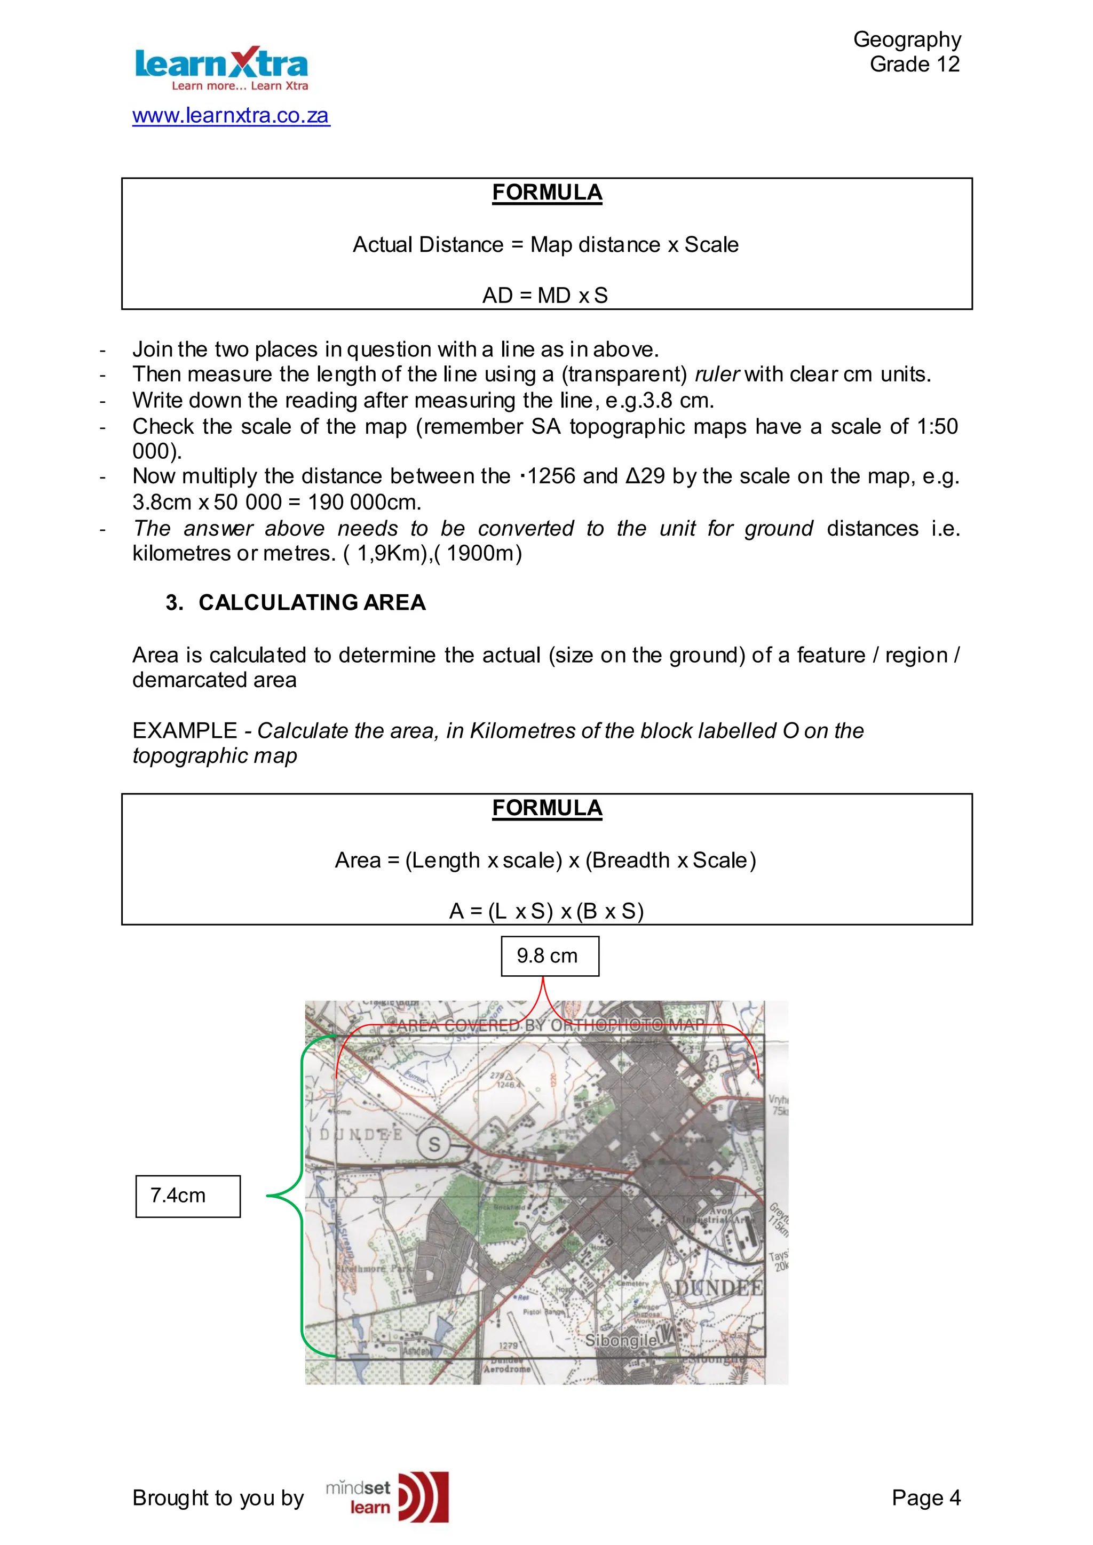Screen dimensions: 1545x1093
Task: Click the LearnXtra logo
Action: pyautogui.click(x=221, y=68)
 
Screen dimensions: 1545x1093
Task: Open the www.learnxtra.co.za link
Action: pyautogui.click(x=231, y=115)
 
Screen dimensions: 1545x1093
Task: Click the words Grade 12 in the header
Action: pyautogui.click(x=914, y=64)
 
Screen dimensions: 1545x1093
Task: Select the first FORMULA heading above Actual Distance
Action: pyautogui.click(x=546, y=193)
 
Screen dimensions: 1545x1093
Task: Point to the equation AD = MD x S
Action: pyautogui.click(x=545, y=296)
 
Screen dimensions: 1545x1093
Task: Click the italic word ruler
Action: pyautogui.click(x=717, y=374)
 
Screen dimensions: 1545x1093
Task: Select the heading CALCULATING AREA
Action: pyautogui.click(x=312, y=602)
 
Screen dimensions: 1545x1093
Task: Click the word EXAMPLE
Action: pyautogui.click(x=185, y=730)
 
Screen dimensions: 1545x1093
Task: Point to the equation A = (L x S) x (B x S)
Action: pyautogui.click(x=546, y=911)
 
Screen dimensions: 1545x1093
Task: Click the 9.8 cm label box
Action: pyautogui.click(x=549, y=955)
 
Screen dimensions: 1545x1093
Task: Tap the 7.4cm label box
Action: pyautogui.click(x=188, y=1196)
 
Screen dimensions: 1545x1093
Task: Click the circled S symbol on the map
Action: pyautogui.click(x=434, y=1144)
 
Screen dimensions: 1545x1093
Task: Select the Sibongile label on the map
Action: pyautogui.click(x=621, y=1341)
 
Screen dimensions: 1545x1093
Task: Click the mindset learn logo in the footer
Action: pyautogui.click(x=387, y=1498)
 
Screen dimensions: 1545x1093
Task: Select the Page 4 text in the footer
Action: pyautogui.click(x=925, y=1498)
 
